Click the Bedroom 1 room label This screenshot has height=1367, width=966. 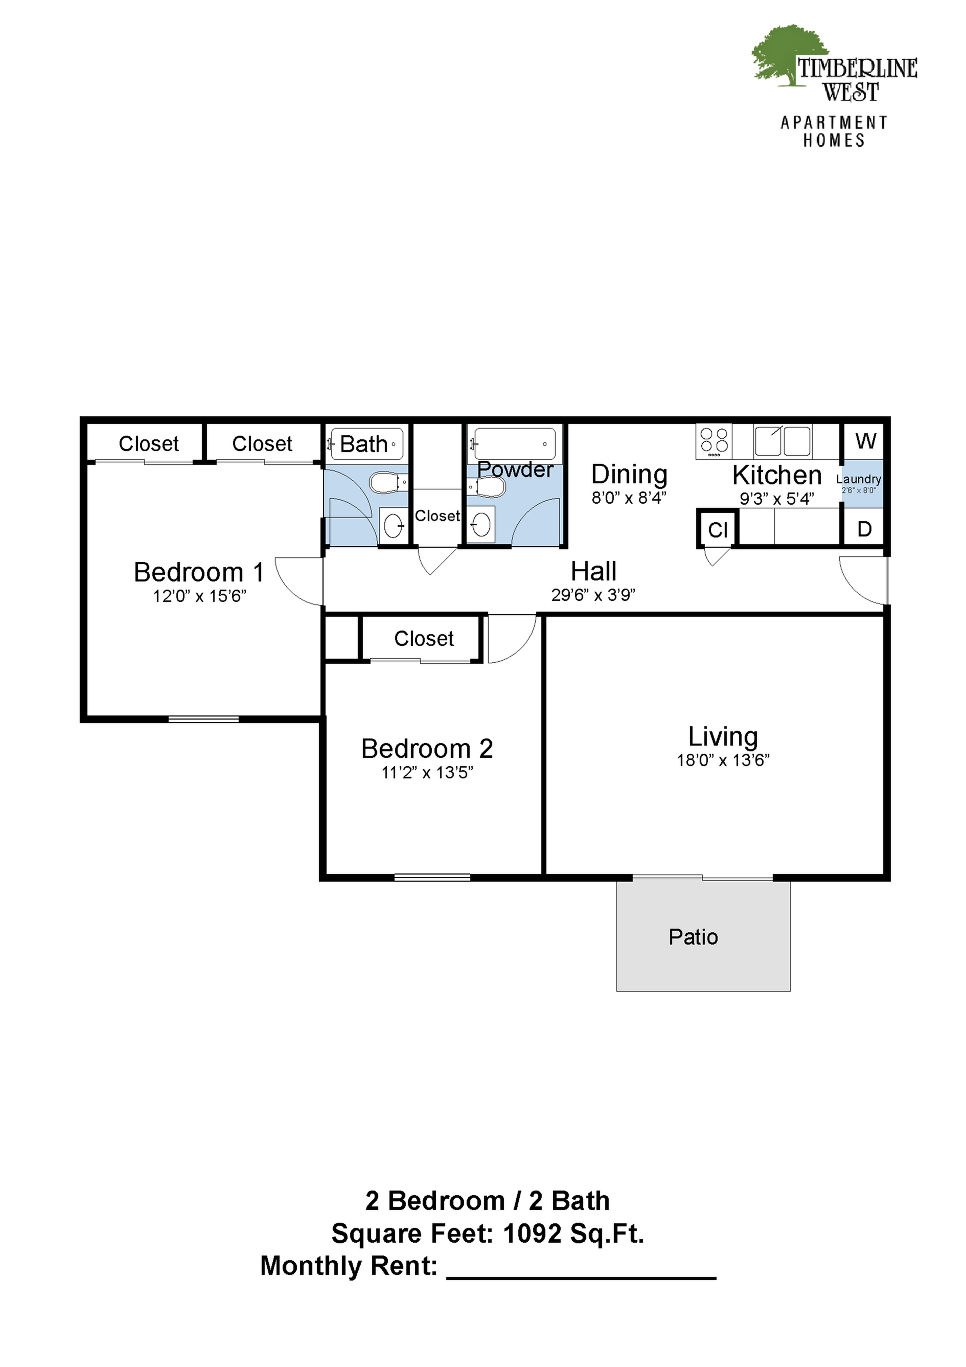[x=199, y=572]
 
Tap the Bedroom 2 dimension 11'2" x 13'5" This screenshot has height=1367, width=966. [x=427, y=773]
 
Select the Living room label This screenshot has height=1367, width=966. [x=723, y=737]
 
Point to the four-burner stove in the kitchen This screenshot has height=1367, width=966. [x=714, y=442]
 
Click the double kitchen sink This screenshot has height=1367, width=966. [x=782, y=441]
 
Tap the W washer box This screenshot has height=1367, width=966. [x=865, y=441]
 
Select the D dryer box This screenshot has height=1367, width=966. [x=865, y=529]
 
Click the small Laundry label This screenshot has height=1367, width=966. [x=858, y=479]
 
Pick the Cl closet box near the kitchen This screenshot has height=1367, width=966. [x=718, y=529]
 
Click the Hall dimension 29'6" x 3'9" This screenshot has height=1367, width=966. [x=593, y=595]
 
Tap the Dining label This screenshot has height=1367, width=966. [x=629, y=475]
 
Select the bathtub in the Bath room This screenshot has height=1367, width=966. [x=366, y=443]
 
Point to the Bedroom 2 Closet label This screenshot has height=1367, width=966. [x=424, y=638]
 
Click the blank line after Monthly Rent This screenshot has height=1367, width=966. [x=581, y=1278]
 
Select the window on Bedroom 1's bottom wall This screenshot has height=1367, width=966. [x=203, y=719]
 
